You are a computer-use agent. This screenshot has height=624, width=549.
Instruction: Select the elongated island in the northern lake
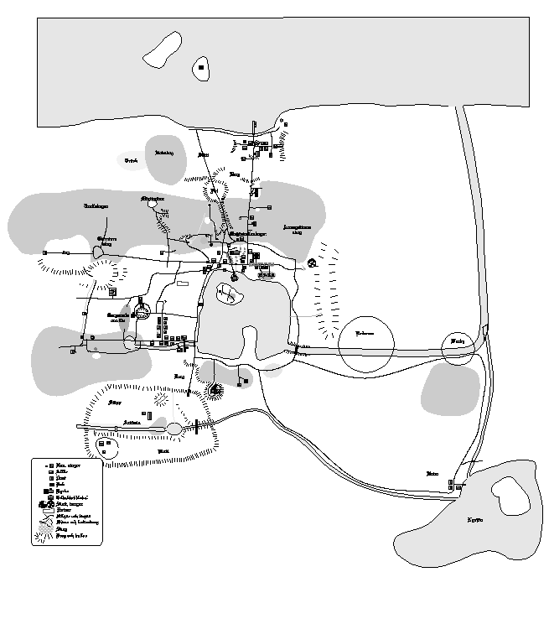pyautogui.click(x=163, y=49)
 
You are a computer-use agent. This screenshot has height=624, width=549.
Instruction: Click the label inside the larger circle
pyautogui.click(x=365, y=333)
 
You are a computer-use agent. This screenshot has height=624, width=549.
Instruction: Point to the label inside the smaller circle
pyautogui.click(x=457, y=342)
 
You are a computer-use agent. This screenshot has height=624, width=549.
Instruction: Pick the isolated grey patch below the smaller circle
pyautogui.click(x=450, y=387)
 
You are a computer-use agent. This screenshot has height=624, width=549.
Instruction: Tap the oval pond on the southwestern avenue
pyautogui.click(x=174, y=429)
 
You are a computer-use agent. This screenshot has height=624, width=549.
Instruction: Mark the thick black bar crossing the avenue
pyautogui.click(x=196, y=428)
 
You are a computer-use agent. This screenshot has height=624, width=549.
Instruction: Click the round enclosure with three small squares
pyautogui.click(x=106, y=446)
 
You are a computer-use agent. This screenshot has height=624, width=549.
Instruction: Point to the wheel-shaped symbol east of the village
pyautogui.click(x=312, y=263)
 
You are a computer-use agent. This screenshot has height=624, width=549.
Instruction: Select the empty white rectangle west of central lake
pyautogui.click(x=183, y=284)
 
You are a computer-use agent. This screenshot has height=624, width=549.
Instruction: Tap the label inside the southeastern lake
pyautogui.click(x=475, y=520)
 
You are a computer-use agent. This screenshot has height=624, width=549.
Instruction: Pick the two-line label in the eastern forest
pyautogui.click(x=298, y=229)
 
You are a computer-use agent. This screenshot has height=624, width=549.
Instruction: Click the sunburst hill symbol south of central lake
pyautogui.click(x=216, y=390)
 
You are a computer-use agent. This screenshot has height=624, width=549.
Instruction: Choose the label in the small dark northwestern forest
pyautogui.click(x=164, y=153)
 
